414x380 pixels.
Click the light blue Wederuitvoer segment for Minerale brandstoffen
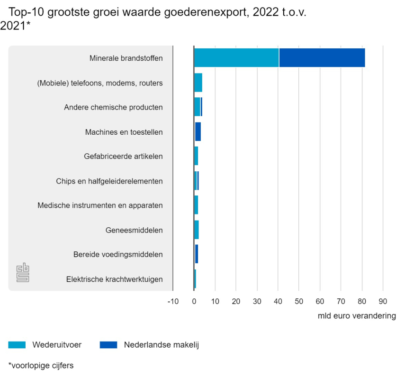click(x=236, y=58)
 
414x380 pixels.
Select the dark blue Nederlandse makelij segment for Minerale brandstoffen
click(x=322, y=58)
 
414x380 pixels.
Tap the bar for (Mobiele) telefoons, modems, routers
click(x=198, y=83)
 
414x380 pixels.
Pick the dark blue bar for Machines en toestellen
click(x=198, y=131)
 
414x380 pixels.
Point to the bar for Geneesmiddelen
click(x=197, y=230)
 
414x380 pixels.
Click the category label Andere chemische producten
click(x=113, y=107)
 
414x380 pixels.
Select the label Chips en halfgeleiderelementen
click(x=109, y=181)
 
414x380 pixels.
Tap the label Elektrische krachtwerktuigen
click(x=115, y=279)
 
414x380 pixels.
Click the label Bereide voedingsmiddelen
click(x=118, y=254)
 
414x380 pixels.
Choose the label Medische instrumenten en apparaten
click(x=100, y=205)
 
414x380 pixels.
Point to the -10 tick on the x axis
click(x=173, y=301)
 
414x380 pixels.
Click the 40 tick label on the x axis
click(x=278, y=301)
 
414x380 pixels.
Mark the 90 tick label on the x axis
click(x=383, y=301)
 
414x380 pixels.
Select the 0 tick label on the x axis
click(x=194, y=301)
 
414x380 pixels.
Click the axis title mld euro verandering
click(x=357, y=315)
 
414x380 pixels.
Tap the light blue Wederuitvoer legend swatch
click(x=17, y=345)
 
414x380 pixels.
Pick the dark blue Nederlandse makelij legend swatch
click(x=108, y=345)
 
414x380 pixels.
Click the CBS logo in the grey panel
click(x=23, y=272)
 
